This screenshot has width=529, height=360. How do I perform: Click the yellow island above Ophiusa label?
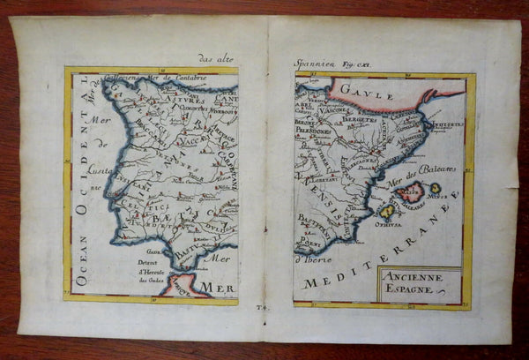click(x=387, y=211)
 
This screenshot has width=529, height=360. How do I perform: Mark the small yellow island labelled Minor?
click(x=436, y=188)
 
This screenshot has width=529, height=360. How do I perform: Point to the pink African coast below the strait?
click(x=182, y=285)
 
